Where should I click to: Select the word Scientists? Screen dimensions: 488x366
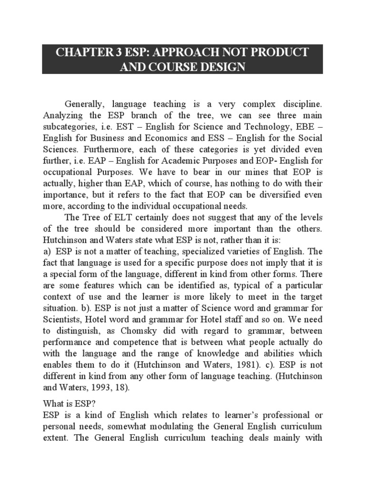[x=62, y=320]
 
